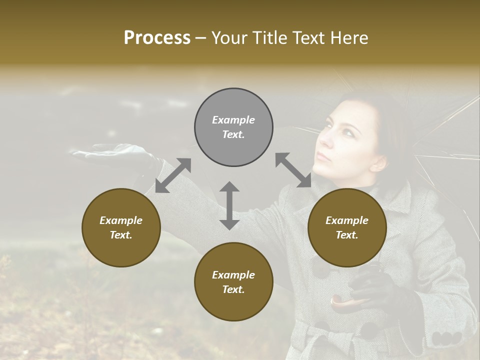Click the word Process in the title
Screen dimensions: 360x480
157,38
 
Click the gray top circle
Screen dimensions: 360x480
233,127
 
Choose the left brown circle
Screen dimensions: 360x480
121,227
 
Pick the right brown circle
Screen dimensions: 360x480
347,227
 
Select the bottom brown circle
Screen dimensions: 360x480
233,282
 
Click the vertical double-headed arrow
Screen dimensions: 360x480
229,205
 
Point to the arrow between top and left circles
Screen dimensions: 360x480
173,175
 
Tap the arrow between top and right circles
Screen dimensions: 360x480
293,170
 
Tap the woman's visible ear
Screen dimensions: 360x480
377,162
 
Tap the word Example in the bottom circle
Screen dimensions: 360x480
233,275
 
